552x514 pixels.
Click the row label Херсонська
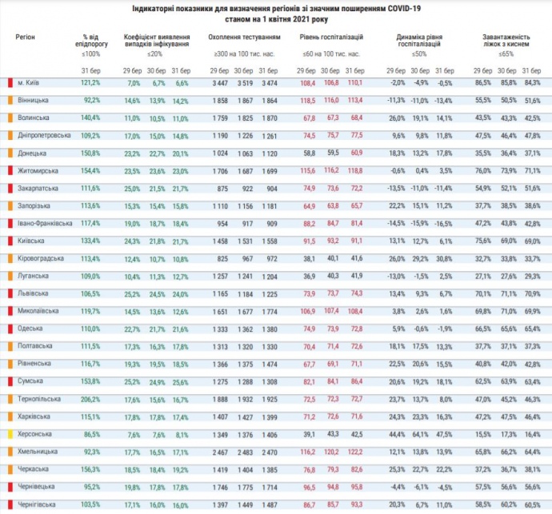(x=35, y=433)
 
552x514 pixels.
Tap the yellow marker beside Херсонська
(x=10, y=433)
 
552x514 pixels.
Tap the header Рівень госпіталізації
(x=331, y=38)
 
